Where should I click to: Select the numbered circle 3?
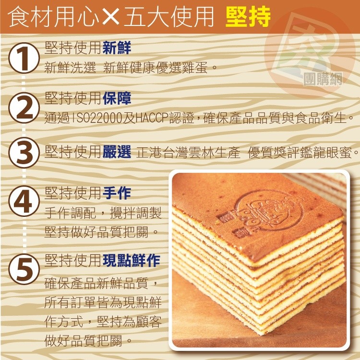point(24,154)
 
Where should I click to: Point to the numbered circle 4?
point(24,203)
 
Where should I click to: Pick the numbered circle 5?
point(24,270)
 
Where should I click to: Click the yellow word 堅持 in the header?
point(248,18)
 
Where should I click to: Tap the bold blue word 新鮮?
point(117,48)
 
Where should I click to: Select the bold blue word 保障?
point(117,98)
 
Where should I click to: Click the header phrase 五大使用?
point(168,18)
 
